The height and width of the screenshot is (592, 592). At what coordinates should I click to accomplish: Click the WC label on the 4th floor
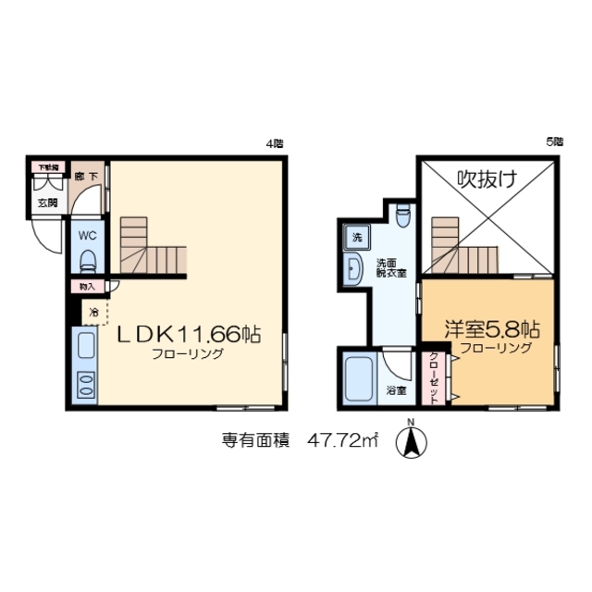[x=87, y=235]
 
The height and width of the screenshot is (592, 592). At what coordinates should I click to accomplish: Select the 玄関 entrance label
[x=46, y=202]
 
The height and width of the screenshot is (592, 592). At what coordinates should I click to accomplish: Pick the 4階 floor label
[x=274, y=143]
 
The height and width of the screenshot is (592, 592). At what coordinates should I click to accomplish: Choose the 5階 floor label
[x=554, y=142]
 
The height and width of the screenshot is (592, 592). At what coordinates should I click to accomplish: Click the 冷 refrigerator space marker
[x=93, y=312]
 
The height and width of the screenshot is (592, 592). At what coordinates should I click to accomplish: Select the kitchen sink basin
[x=84, y=349]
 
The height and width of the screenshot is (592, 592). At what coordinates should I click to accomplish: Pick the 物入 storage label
[x=86, y=288]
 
